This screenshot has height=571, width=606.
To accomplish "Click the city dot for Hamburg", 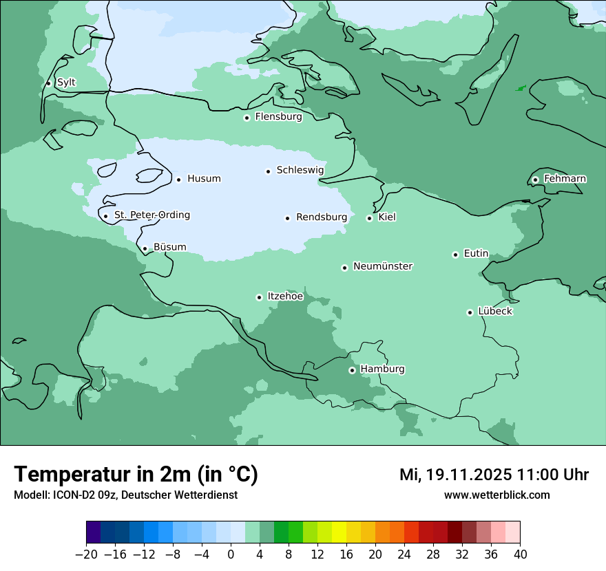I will point(352,370).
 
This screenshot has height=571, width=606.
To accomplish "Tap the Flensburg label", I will point(278,117).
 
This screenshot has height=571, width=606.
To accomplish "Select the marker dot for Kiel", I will point(369,218).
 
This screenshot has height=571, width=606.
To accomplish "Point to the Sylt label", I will point(66,83).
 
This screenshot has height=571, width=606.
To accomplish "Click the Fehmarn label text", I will point(565,179).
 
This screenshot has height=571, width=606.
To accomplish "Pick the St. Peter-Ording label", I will point(151,215).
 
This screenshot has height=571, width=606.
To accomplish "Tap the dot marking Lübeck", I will point(470,312).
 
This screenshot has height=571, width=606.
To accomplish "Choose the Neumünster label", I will point(383,266).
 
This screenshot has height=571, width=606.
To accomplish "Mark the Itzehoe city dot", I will point(259,297).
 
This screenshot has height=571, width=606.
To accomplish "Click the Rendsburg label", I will point(322,217).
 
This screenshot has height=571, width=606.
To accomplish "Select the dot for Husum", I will point(178,180).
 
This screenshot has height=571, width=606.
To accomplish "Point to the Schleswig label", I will point(300,170).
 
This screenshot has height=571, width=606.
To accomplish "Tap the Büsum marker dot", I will point(145,248).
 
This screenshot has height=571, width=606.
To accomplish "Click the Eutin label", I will point(476,254).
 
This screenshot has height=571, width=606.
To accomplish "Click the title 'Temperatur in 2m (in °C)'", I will point(136,474).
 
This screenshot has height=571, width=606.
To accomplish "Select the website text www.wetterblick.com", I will point(497,495).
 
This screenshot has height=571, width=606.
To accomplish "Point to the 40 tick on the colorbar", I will point(520,554).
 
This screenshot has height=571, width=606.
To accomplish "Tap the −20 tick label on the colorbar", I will point(86,554).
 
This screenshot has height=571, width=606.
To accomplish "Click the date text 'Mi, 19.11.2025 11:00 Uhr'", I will point(494,475).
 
